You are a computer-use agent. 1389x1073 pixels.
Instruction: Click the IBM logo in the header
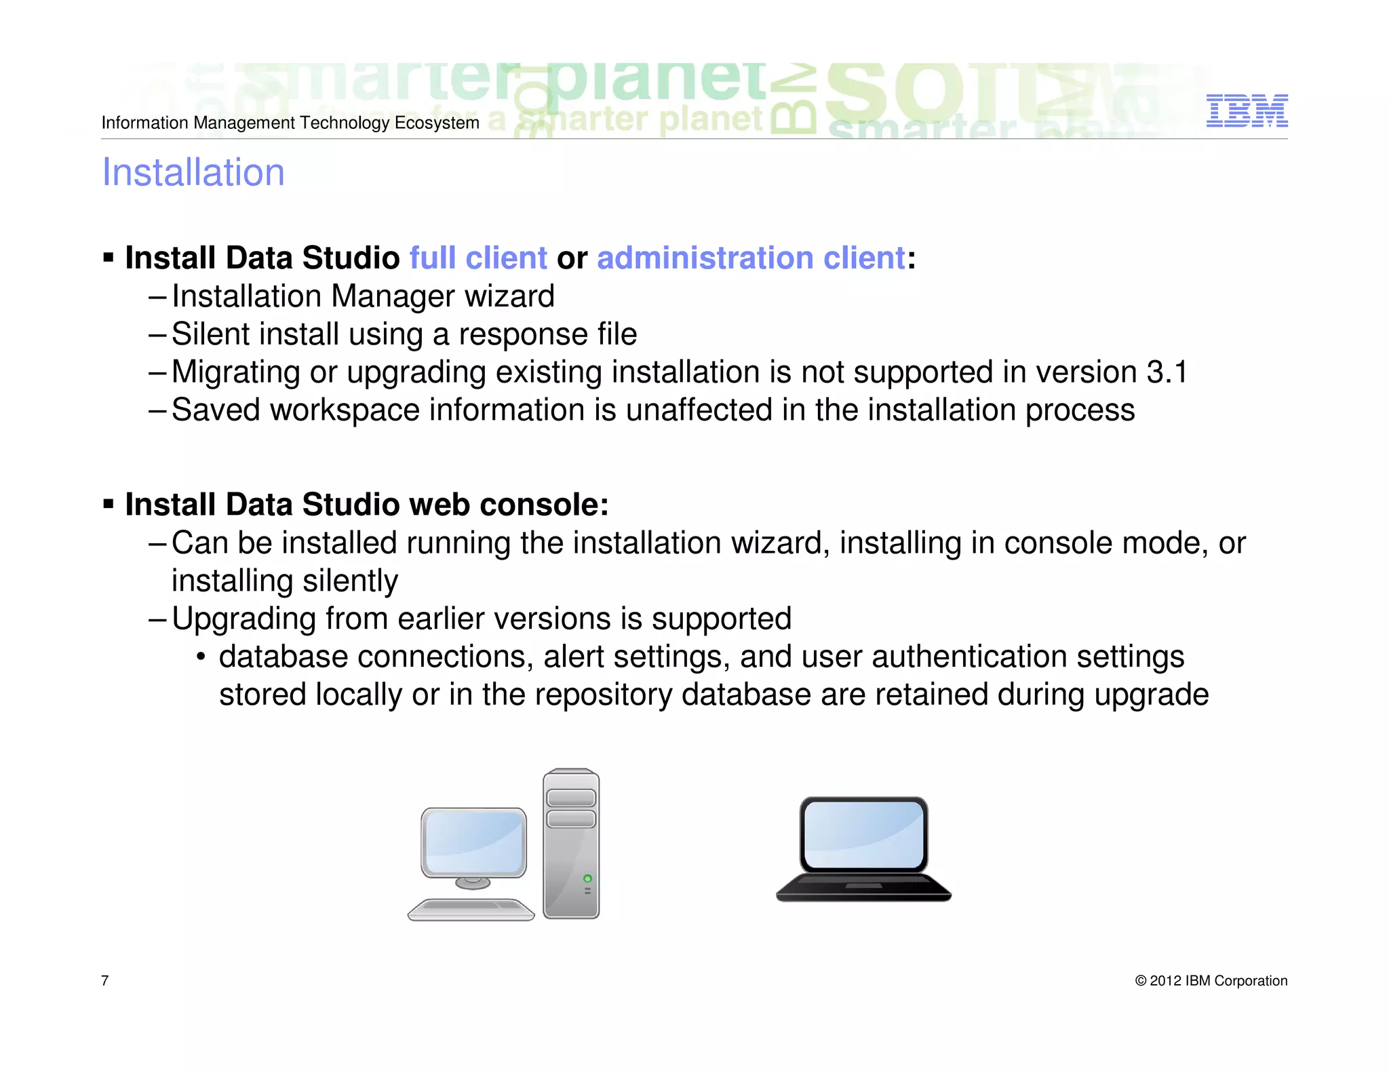[x=1247, y=111]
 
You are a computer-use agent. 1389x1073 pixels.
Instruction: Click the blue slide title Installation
[x=193, y=172]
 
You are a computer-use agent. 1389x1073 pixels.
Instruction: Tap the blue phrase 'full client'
[x=478, y=258]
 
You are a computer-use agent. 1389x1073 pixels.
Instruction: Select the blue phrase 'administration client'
[x=751, y=258]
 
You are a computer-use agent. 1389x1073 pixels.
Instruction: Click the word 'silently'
[x=350, y=581]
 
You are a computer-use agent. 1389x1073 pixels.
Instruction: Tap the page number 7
[x=105, y=981]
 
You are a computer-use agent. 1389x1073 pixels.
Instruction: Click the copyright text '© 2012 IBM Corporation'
[x=1211, y=981]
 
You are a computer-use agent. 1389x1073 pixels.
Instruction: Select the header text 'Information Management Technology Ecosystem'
[x=290, y=123]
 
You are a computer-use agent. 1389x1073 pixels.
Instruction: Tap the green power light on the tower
[x=587, y=878]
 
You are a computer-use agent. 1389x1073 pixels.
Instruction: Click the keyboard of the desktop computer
[x=471, y=908]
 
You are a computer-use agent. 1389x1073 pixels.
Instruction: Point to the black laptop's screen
[x=863, y=834]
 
